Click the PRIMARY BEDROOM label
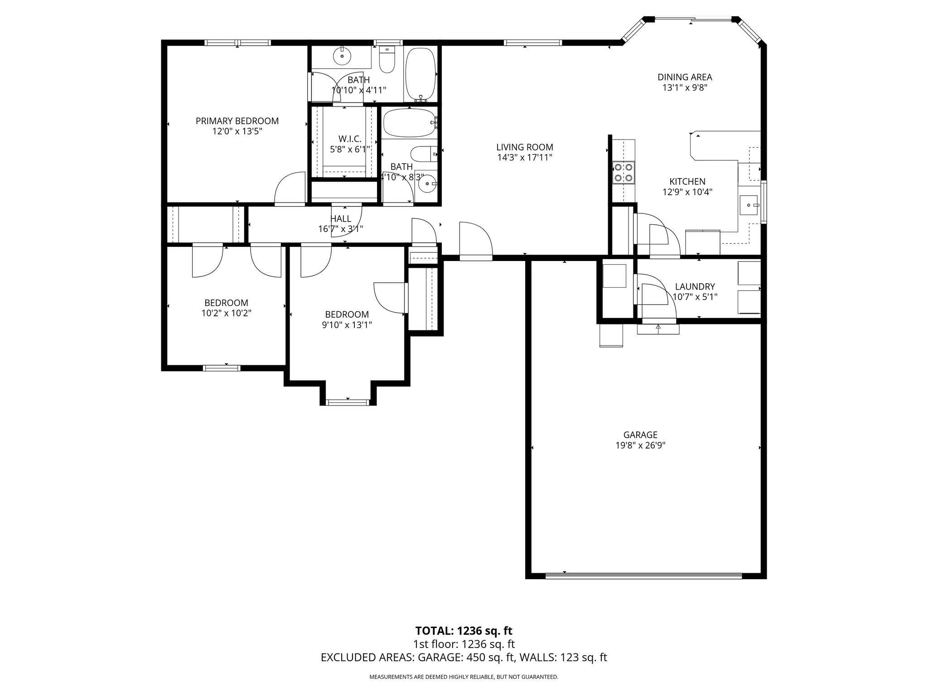click(237, 121)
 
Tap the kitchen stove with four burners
click(623, 172)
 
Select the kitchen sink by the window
click(749, 206)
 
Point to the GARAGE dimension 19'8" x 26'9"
click(640, 445)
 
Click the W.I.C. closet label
click(350, 139)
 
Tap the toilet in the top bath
click(387, 62)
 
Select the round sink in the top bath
click(342, 57)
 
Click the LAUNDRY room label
click(695, 286)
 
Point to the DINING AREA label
click(685, 77)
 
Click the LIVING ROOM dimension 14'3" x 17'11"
click(524, 158)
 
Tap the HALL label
click(341, 219)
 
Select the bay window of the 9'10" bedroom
click(348, 401)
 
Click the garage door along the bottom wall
click(643, 576)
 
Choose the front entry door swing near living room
click(476, 242)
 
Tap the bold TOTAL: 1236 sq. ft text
click(464, 631)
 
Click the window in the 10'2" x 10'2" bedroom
click(221, 367)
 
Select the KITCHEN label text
click(687, 182)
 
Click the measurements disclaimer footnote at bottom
click(464, 677)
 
